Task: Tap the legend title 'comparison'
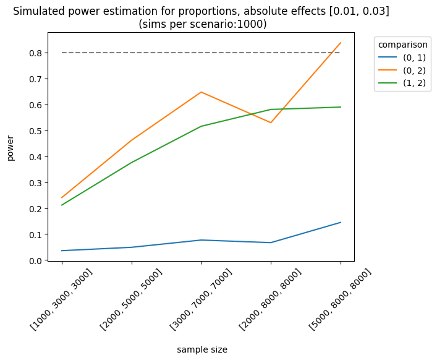402,45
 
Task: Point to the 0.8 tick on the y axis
36,53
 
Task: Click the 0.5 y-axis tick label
36,131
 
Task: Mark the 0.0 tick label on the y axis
36,261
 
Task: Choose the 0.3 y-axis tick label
36,183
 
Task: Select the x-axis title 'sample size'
202,349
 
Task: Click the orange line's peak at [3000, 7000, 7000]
201,92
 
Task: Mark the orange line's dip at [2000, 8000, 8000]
271,122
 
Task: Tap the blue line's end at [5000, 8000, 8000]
341,222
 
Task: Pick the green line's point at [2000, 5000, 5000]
132,163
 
